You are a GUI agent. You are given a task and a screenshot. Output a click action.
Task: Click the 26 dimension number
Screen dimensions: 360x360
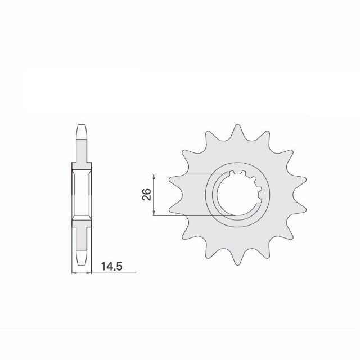pyautogui.click(x=146, y=195)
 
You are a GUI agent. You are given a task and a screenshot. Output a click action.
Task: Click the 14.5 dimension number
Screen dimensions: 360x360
pyautogui.click(x=111, y=267)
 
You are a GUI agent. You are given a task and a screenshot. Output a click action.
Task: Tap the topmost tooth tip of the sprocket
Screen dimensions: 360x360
pyautogui.click(x=237, y=125)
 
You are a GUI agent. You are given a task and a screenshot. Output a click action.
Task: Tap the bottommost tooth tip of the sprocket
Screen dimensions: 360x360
pyautogui.click(x=237, y=265)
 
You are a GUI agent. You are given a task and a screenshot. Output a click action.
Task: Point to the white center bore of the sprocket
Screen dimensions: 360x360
pyautogui.click(x=236, y=195)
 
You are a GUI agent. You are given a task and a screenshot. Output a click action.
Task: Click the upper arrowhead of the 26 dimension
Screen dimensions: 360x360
pyautogui.click(x=154, y=176)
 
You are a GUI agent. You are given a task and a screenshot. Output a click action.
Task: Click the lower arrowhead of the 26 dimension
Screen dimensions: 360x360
pyautogui.click(x=154, y=214)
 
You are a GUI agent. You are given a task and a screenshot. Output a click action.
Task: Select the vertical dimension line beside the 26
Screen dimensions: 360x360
pyautogui.click(x=154, y=195)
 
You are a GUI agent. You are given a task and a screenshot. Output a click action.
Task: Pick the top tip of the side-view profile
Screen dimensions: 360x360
pyautogui.click(x=82, y=125)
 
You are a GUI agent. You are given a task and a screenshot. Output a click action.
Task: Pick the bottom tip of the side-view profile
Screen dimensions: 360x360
pyautogui.click(x=82, y=265)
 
